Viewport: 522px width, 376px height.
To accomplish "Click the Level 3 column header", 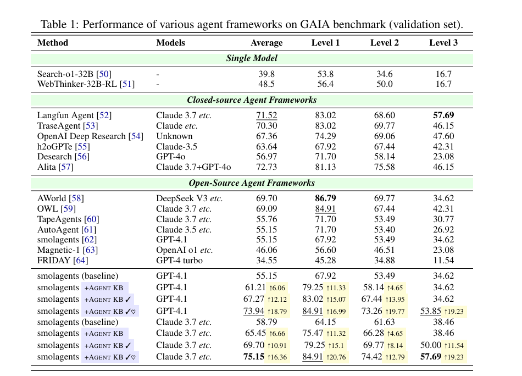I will click(443, 43).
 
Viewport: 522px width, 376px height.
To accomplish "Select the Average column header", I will click(266, 43).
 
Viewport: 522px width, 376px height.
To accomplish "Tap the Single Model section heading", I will click(252, 58).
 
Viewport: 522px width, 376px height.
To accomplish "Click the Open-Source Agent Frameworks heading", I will click(252, 183).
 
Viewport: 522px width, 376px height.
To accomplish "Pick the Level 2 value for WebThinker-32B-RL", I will click(384, 84).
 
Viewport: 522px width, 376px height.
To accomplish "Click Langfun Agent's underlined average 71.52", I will click(266, 115).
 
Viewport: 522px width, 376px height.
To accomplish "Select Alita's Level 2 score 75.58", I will click(384, 167).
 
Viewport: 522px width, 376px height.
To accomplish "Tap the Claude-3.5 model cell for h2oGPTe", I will click(176, 147).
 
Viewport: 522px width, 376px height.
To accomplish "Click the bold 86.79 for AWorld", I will click(325, 198).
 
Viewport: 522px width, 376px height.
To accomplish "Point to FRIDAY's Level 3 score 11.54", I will click(443, 261).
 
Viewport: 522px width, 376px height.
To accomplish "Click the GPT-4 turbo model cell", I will click(180, 261).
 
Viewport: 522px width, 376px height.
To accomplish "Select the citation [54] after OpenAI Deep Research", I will click(135, 136).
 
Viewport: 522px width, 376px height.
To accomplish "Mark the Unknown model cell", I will click(174, 136).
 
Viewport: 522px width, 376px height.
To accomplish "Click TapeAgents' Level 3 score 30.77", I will click(443, 219).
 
